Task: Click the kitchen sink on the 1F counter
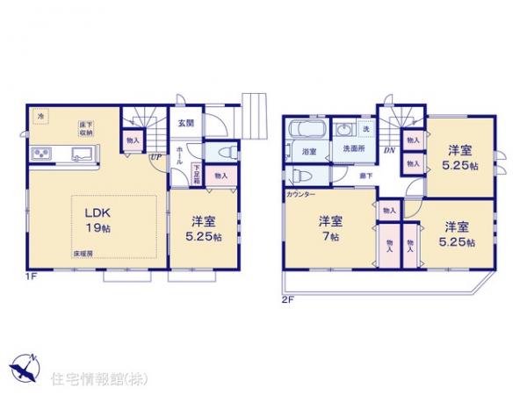pos(83,154)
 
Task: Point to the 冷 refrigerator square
pos(40,115)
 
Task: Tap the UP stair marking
pos(155,158)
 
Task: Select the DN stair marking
pos(389,150)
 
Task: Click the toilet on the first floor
pos(223,152)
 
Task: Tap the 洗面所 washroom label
pos(354,149)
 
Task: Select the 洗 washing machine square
pos(366,131)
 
